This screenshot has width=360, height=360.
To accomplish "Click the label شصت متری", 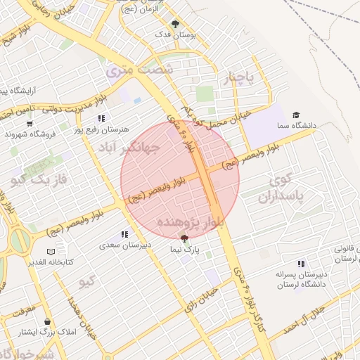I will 139,70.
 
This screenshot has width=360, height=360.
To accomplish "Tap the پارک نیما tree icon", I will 184,239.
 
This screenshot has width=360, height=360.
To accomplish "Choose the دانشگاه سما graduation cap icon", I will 296,115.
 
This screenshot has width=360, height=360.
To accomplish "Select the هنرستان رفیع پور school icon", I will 102,119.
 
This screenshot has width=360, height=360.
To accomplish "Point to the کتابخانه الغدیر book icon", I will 49,252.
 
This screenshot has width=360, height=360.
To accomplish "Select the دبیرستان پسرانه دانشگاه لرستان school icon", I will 301,264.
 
